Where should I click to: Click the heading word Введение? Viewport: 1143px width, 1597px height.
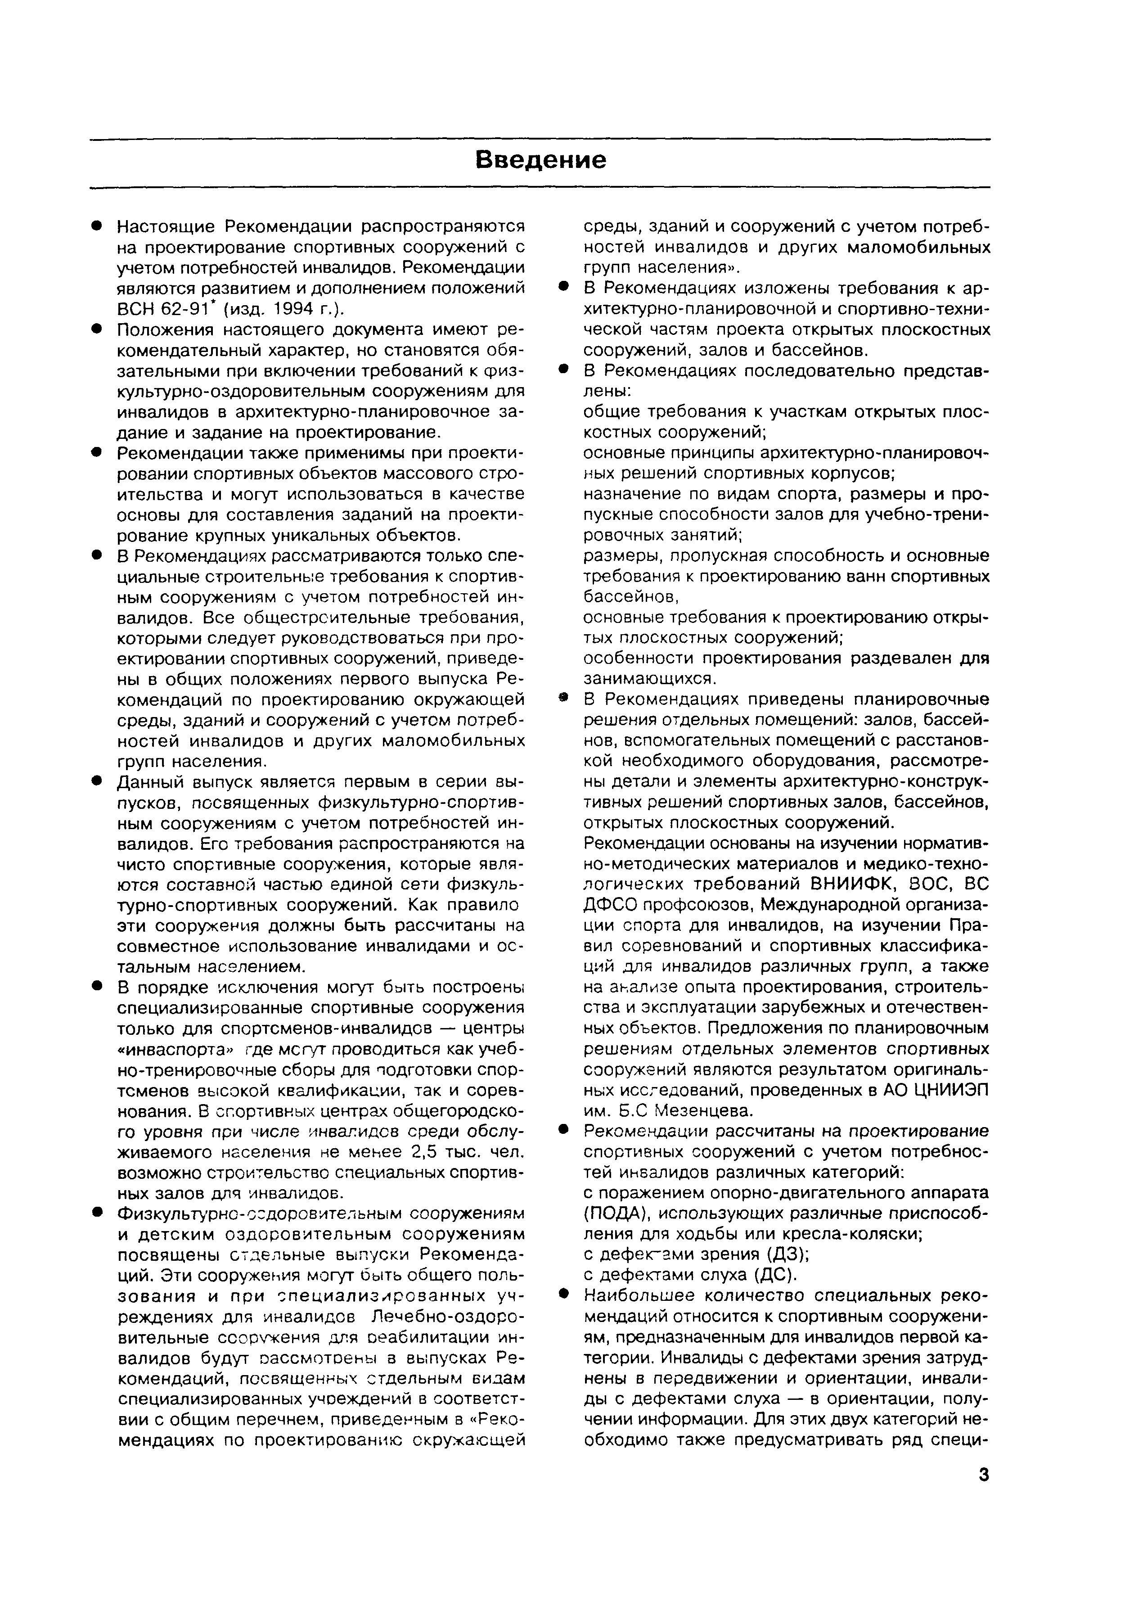tap(540, 161)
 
